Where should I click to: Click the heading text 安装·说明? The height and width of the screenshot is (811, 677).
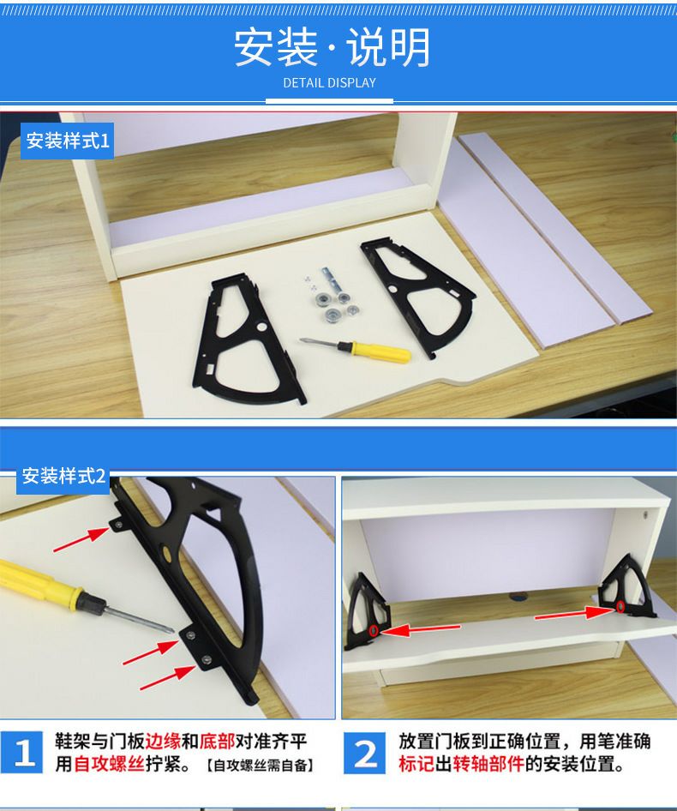332,47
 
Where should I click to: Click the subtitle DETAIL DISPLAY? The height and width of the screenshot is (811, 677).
329,83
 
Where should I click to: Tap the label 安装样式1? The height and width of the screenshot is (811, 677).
68,141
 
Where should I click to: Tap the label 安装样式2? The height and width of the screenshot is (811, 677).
63,476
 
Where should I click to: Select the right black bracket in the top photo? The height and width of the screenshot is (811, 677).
419,295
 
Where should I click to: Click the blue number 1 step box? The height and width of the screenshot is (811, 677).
21,753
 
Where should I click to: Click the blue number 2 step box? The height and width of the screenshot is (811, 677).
364,753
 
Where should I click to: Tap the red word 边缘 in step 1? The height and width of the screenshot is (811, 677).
163,742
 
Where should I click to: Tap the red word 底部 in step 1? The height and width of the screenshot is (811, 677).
217,742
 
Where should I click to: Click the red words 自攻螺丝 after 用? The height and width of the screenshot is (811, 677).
109,764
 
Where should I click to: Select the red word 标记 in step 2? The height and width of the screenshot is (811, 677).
416,764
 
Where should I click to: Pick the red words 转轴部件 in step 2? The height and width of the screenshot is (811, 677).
488,764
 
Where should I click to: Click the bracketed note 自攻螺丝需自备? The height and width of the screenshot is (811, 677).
261,765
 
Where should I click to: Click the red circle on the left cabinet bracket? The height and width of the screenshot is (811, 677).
373,631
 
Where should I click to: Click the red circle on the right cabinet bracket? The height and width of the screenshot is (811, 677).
620,607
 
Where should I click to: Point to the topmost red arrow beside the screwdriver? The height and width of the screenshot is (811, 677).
81,539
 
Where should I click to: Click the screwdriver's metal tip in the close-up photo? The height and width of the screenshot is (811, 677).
171,629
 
